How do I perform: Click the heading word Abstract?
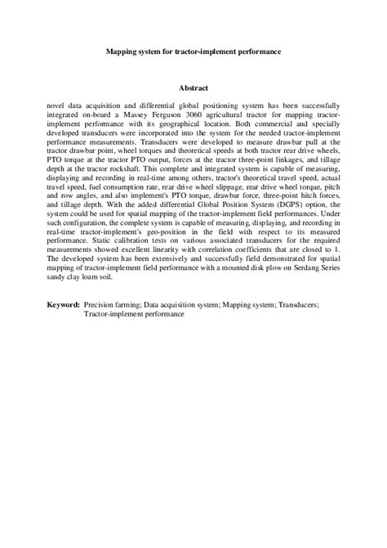(193, 88)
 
